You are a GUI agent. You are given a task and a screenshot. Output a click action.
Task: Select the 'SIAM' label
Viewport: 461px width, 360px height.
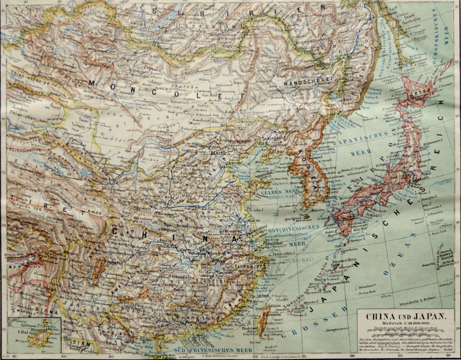(79, 343)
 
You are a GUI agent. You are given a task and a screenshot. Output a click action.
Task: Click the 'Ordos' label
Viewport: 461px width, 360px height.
(152, 160)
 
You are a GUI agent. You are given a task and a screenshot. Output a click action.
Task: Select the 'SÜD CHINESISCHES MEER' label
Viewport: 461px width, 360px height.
(212, 350)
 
